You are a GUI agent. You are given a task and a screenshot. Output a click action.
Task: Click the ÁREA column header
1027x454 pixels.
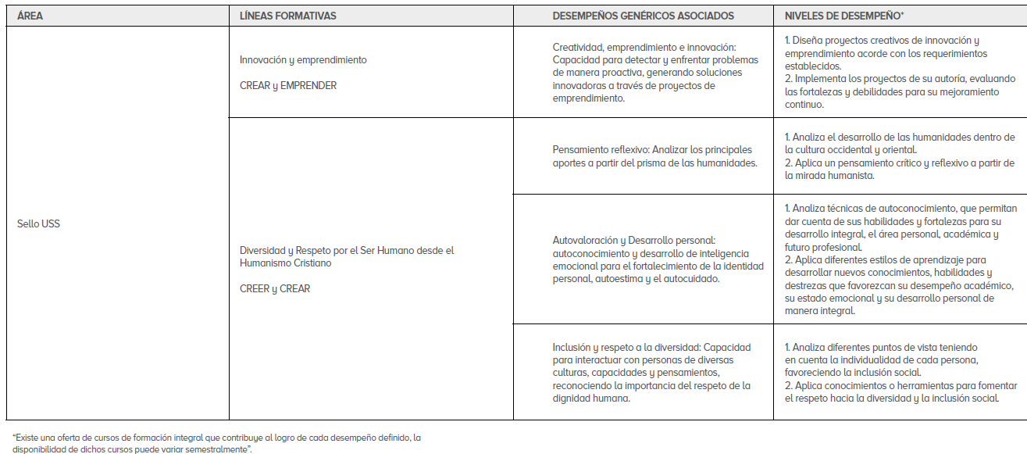tap(30, 16)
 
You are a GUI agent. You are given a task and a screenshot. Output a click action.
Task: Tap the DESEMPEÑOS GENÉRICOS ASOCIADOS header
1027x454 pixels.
tap(643, 16)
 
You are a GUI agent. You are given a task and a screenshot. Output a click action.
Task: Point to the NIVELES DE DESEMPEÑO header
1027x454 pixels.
tap(843, 16)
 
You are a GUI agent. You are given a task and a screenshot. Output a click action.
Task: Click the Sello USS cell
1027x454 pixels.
tap(38, 224)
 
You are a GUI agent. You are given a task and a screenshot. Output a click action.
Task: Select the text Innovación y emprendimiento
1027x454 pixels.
tap(303, 60)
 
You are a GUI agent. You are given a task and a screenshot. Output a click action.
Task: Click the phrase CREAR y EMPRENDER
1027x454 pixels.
tap(288, 85)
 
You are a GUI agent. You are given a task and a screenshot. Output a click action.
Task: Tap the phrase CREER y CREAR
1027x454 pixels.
tap(275, 288)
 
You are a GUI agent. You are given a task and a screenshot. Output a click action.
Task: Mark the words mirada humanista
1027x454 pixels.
tap(836, 176)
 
